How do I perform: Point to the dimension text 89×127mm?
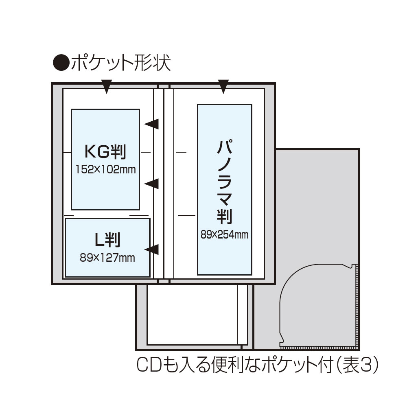coord(107,257)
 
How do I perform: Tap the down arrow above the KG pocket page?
coord(106,87)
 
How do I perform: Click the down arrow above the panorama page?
coord(223,87)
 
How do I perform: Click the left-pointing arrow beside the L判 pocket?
coord(152,249)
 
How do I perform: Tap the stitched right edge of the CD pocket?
coord(358,305)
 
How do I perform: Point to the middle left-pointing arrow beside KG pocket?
coord(152,184)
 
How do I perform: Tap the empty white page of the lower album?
coord(191,313)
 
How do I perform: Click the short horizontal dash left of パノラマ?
coord(181,152)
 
